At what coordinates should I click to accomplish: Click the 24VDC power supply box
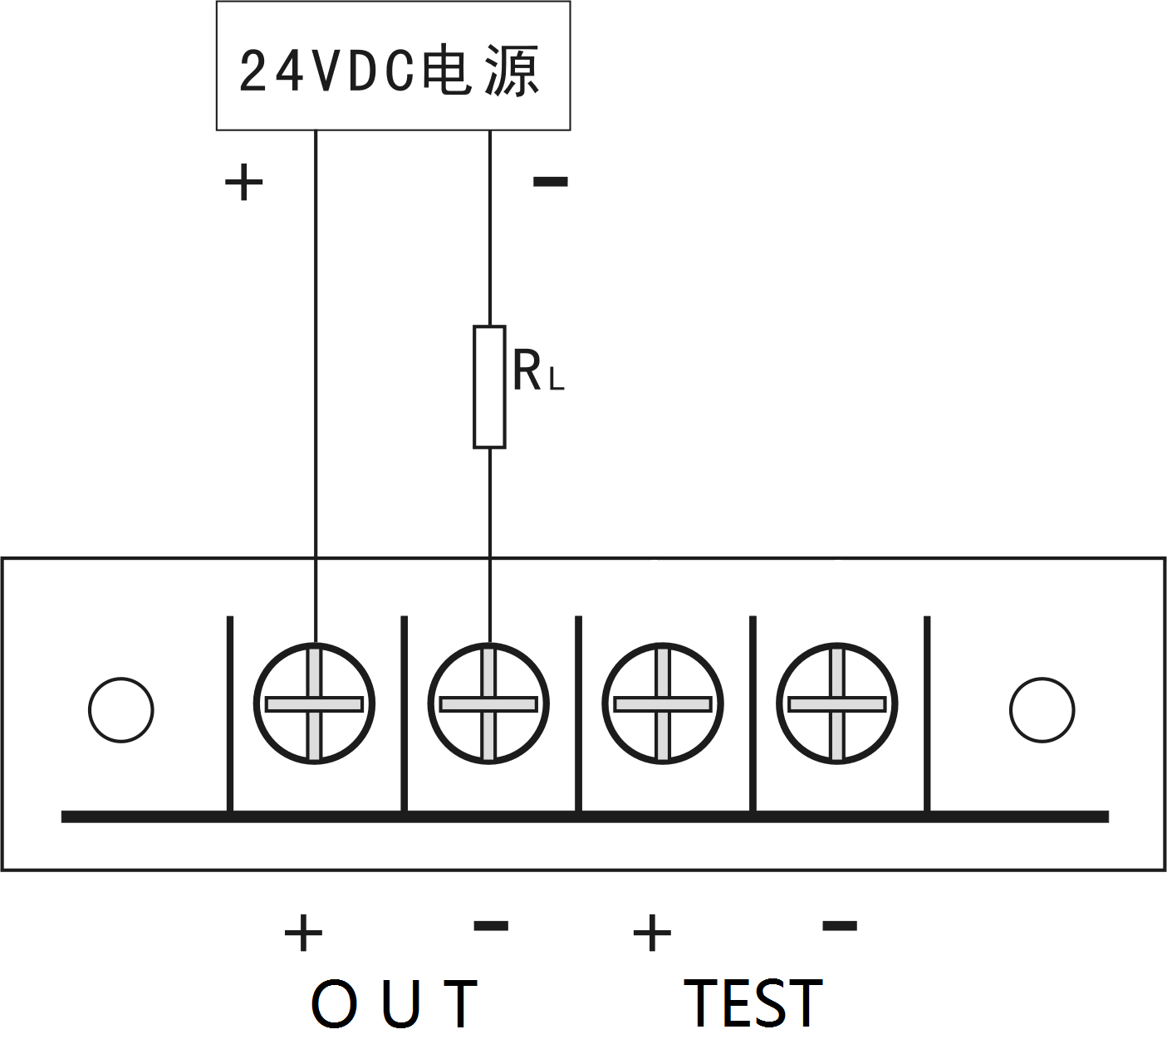coord(393,66)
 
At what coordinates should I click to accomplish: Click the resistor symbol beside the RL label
coord(489,387)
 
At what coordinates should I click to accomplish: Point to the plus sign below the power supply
coord(243,182)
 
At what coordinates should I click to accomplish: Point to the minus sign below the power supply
coord(550,181)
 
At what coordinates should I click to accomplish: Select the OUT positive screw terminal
coord(314,704)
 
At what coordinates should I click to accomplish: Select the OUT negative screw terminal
coord(488,704)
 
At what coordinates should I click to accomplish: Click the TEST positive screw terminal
coord(663,704)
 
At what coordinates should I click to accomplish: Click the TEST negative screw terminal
coord(837,704)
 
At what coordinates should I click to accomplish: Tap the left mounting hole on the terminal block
coord(121,710)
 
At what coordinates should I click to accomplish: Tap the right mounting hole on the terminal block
coord(1042,710)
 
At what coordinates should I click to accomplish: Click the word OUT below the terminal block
coord(395,1003)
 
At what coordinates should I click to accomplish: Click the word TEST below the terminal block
coord(753,1003)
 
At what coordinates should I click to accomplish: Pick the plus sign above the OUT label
coord(303,933)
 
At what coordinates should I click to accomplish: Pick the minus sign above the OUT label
coord(491,925)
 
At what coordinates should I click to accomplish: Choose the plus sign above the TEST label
coord(652,933)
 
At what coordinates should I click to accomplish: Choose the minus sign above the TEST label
coord(840,925)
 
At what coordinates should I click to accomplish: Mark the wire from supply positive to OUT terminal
coord(316,374)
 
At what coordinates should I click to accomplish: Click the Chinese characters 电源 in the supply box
coord(482,71)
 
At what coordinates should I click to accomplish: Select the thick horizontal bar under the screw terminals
coord(585,817)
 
